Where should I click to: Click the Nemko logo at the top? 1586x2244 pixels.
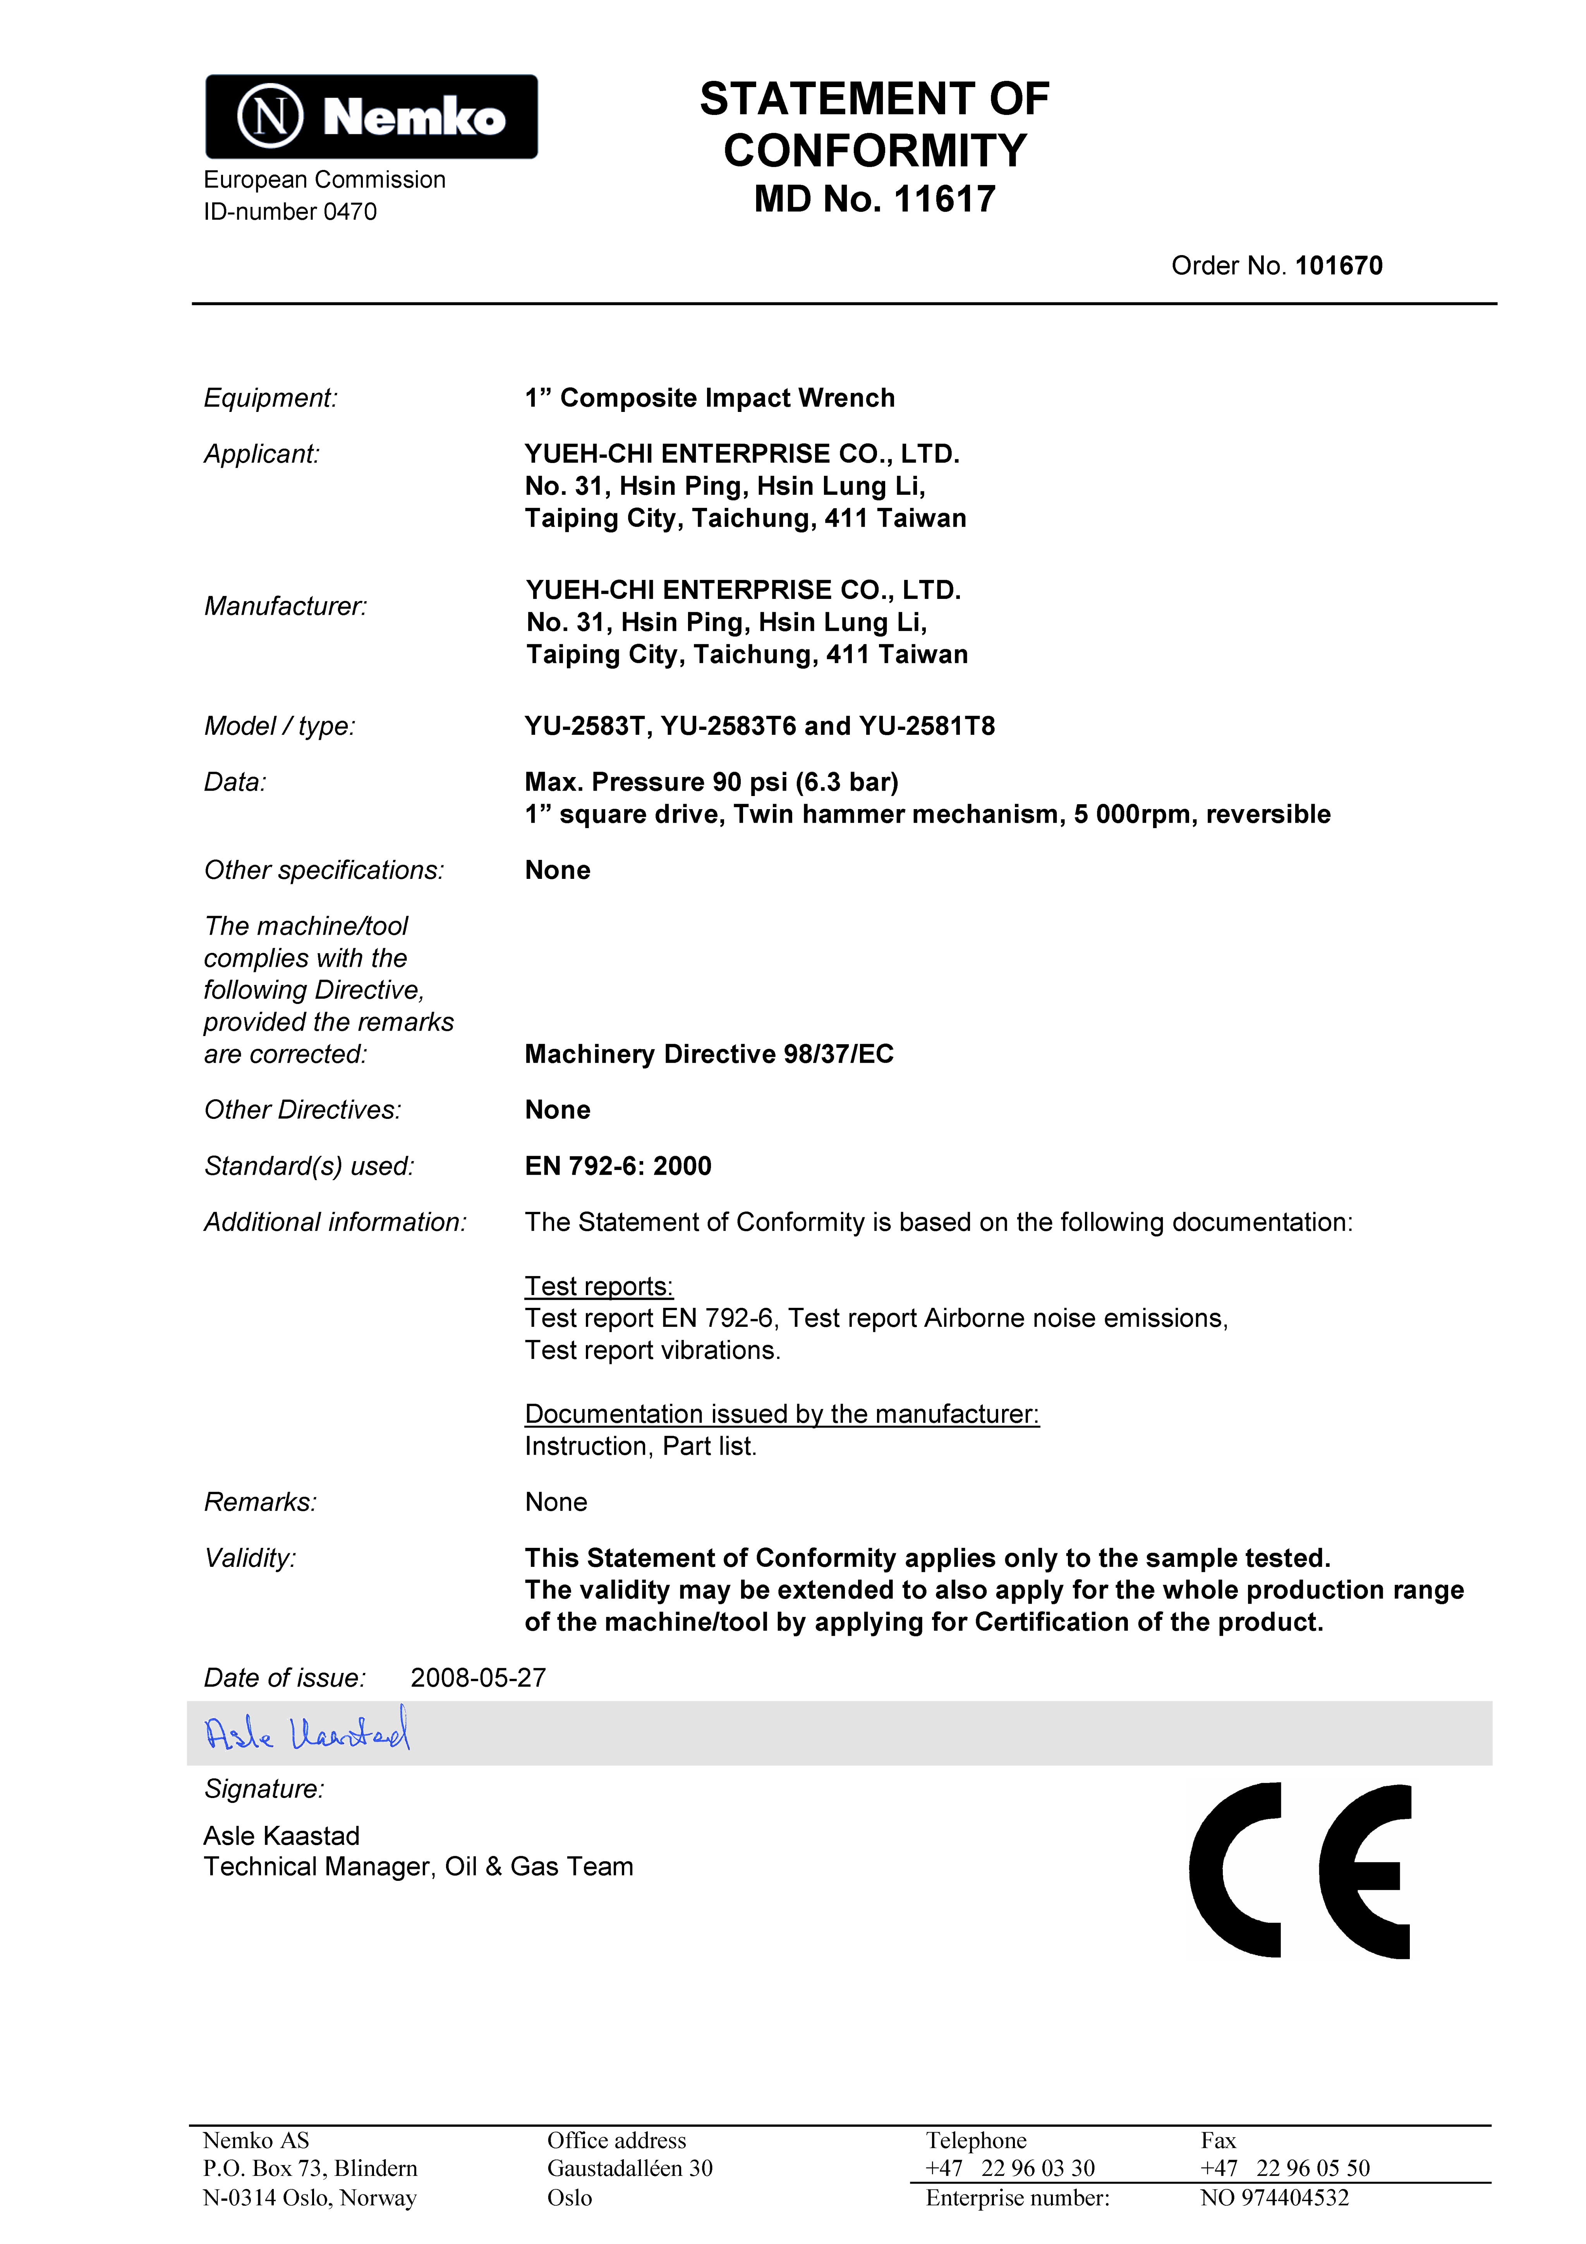pyautogui.click(x=371, y=116)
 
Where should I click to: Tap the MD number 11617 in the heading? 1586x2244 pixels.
pyautogui.click(x=944, y=199)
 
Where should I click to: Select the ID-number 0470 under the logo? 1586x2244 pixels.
pyautogui.click(x=290, y=212)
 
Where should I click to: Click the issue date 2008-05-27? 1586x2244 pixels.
pyautogui.click(x=478, y=1678)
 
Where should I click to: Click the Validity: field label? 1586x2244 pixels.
pyautogui.click(x=250, y=1558)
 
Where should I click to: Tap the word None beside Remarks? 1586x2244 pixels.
pyautogui.click(x=556, y=1502)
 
